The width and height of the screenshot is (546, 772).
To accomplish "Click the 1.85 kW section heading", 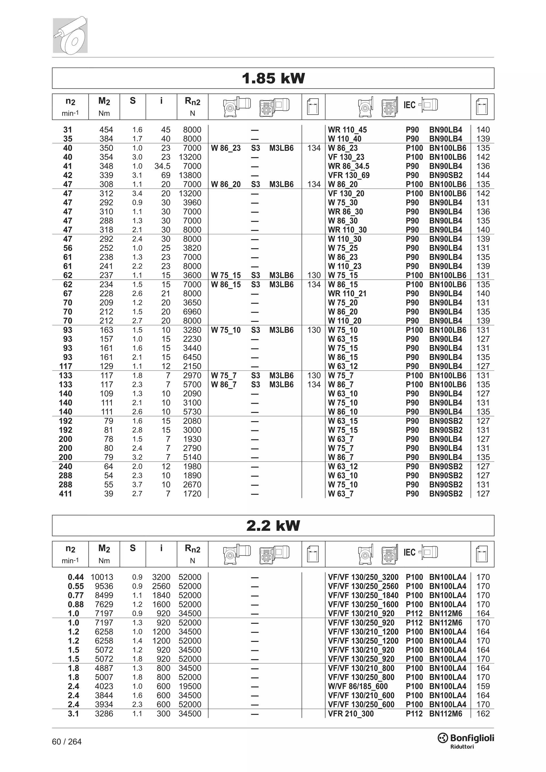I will click(273, 78).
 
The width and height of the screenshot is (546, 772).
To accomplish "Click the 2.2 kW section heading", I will click(273, 525).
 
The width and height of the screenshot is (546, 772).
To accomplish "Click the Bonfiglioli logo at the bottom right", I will click(466, 739).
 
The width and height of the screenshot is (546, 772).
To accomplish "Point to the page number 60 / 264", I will click(67, 742).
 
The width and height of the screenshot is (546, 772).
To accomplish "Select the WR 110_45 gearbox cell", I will click(347, 130).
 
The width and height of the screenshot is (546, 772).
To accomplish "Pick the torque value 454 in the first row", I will click(106, 130).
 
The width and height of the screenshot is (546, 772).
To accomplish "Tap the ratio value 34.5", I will click(162, 166).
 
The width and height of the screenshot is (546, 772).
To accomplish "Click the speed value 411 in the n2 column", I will click(65, 494).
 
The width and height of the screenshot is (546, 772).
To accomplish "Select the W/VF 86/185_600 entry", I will click(358, 686).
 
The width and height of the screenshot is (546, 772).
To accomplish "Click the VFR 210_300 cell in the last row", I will click(351, 714).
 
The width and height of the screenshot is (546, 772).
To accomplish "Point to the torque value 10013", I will click(102, 577).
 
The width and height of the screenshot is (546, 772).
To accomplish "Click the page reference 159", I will click(483, 686).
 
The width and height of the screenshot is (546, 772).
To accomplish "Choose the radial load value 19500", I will click(190, 686).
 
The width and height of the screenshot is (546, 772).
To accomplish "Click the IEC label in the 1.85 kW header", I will click(409, 105).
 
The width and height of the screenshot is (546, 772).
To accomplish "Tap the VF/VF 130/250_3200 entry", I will click(363, 577).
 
